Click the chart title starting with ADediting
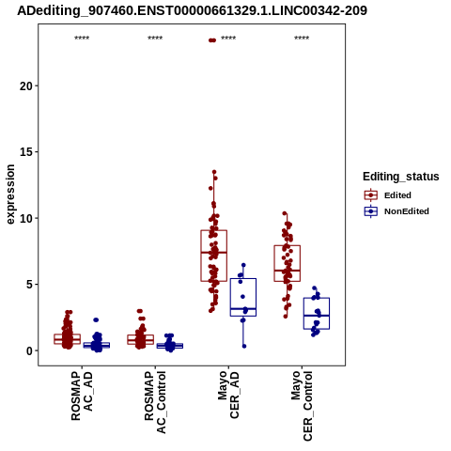192,11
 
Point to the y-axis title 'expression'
10,194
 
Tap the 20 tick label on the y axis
26,86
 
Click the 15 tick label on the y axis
26,152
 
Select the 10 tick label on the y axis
26,219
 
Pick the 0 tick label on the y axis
29,351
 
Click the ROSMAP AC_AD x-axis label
82,396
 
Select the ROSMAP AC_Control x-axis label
155,402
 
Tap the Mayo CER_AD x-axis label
228,395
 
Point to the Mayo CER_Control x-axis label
302,406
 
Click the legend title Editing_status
401,177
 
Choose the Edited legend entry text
397,195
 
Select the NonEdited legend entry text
407,211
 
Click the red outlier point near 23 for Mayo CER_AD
212,40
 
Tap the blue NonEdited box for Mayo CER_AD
243,297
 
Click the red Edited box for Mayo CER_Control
288,263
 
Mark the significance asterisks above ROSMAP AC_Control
155,39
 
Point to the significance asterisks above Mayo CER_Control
302,39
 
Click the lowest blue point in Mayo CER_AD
244,346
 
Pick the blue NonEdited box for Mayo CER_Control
317,314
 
